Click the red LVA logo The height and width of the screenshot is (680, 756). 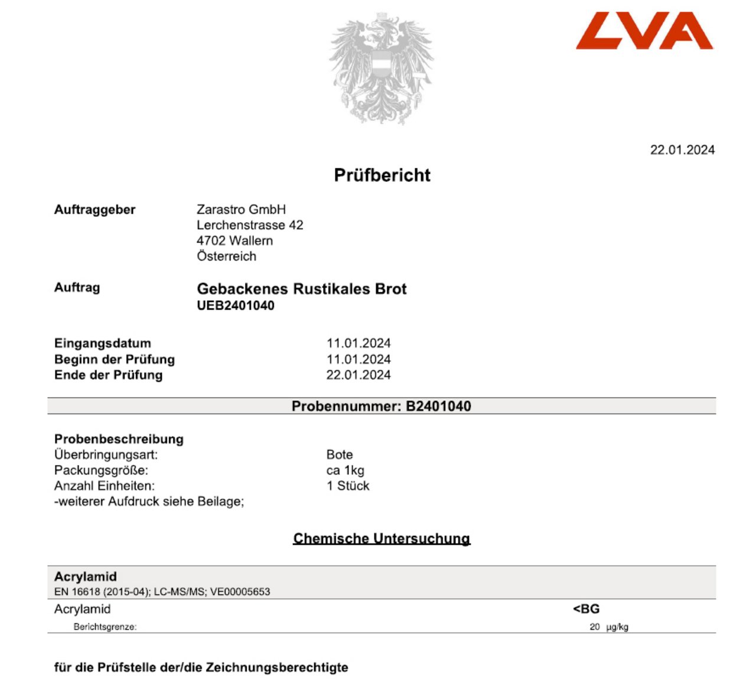pyautogui.click(x=644, y=31)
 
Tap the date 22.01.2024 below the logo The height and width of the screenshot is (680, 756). pyautogui.click(x=682, y=150)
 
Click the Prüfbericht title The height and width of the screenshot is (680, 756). pyautogui.click(x=382, y=175)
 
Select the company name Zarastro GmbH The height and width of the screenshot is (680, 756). pyautogui.click(x=241, y=210)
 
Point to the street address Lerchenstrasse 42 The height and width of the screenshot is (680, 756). pyautogui.click(x=250, y=225)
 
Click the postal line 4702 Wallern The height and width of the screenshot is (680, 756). pyautogui.click(x=234, y=241)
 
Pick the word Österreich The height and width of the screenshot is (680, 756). pyautogui.click(x=226, y=256)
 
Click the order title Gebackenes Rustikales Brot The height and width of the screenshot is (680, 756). pyautogui.click(x=301, y=289)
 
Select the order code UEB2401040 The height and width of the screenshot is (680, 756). pyautogui.click(x=235, y=305)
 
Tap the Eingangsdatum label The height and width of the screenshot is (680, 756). pyautogui.click(x=103, y=343)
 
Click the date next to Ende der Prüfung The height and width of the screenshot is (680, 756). pyautogui.click(x=359, y=375)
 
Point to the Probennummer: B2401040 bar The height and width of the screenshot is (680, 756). pyautogui.click(x=382, y=406)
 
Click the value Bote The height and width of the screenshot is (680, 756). pyautogui.click(x=340, y=455)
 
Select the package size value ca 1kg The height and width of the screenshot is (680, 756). pyautogui.click(x=345, y=471)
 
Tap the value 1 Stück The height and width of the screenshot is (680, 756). pyautogui.click(x=348, y=486)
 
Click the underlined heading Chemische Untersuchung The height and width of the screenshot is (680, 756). pyautogui.click(x=382, y=539)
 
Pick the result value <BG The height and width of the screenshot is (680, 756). pyautogui.click(x=586, y=609)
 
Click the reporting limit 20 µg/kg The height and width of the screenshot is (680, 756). pyautogui.click(x=608, y=627)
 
